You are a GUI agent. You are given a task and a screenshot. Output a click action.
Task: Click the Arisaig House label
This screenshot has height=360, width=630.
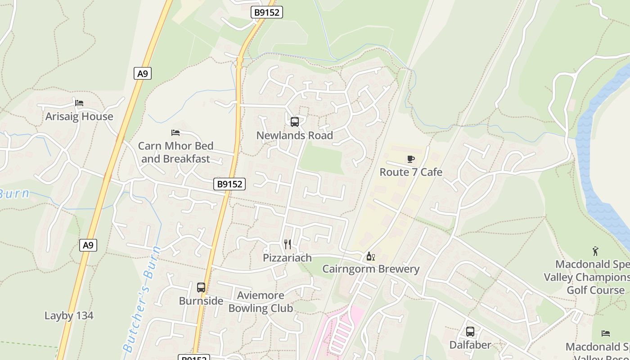(x=79, y=117)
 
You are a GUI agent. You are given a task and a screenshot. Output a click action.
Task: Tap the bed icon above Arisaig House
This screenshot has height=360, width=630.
(x=79, y=103)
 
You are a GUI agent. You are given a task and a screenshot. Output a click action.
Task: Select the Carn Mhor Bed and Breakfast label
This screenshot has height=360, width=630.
(x=175, y=152)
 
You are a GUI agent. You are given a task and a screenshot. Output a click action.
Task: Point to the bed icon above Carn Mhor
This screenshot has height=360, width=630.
(x=175, y=133)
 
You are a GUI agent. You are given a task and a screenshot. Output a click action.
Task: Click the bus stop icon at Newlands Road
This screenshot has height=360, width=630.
(x=295, y=121)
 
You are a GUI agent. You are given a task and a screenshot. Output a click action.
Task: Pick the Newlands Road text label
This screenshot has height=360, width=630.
(x=295, y=135)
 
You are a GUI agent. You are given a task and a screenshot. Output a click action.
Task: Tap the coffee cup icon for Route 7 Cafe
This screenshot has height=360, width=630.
(x=411, y=159)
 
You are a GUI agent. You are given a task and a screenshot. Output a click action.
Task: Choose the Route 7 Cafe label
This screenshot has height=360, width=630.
(x=411, y=172)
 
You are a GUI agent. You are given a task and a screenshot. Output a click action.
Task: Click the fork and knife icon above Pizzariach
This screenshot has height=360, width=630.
(x=288, y=244)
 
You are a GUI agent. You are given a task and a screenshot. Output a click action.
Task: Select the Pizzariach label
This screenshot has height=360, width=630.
(x=288, y=258)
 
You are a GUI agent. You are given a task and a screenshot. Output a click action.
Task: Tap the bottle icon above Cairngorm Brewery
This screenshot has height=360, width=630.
(x=371, y=256)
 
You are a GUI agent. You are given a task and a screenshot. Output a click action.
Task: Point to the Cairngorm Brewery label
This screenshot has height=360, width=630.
(x=371, y=269)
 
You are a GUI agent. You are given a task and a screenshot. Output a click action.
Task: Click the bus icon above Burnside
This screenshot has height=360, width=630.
(x=201, y=288)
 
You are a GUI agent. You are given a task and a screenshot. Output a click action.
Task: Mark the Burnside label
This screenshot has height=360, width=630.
(x=201, y=301)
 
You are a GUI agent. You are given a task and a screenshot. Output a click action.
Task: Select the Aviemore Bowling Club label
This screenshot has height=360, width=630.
(x=261, y=302)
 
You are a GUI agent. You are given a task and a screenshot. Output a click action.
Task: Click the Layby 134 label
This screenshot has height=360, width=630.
(x=69, y=315)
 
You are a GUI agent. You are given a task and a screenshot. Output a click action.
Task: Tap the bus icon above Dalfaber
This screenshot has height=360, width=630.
(x=470, y=332)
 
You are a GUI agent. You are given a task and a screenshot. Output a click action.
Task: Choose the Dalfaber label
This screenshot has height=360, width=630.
(x=470, y=345)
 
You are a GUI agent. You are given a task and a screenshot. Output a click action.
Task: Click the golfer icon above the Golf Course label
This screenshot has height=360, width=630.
(x=596, y=251)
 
